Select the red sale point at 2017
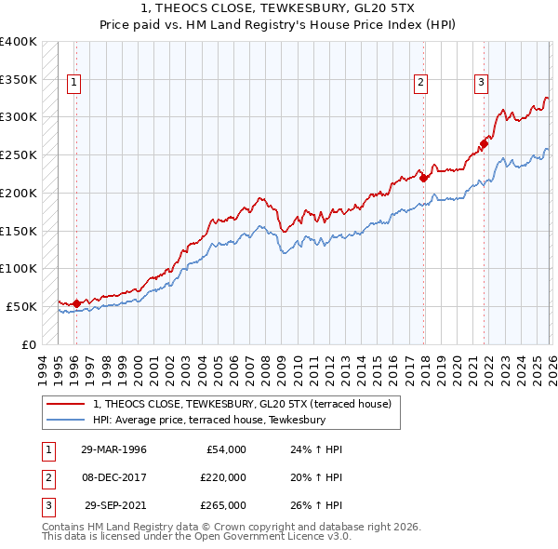[423, 177]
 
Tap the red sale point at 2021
[485, 143]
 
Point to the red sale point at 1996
[76, 302]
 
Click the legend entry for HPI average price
[208, 420]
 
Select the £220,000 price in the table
[222, 477]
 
